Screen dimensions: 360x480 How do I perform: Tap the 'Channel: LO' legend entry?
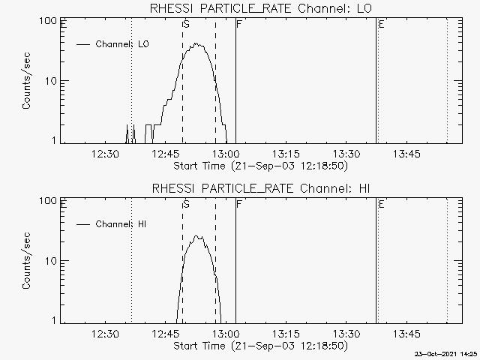(122, 44)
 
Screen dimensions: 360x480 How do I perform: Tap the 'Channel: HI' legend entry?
(122, 224)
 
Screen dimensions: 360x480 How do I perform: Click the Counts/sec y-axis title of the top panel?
(27, 81)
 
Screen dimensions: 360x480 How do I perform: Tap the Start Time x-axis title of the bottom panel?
(259, 346)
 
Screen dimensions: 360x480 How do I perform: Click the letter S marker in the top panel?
(186, 25)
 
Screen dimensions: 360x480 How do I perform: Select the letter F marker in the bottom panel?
(238, 204)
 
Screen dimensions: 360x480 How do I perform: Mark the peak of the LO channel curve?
(199, 43)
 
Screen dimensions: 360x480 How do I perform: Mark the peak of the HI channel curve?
(197, 235)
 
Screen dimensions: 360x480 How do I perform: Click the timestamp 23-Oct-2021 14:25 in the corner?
(447, 354)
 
